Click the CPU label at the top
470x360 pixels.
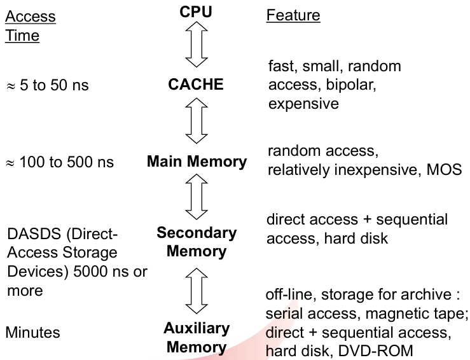coord(196,12)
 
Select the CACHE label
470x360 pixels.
coord(196,84)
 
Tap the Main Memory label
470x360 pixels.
coord(197,162)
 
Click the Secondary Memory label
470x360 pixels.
coord(197,242)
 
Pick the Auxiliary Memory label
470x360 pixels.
coord(197,338)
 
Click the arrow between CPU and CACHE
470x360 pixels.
coord(197,45)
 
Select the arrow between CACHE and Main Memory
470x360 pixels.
coord(197,121)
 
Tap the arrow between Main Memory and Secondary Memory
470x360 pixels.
coord(197,197)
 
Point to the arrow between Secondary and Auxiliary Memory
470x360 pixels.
coord(197,291)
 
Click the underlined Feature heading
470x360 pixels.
coord(293,15)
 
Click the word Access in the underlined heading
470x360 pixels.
coord(31,16)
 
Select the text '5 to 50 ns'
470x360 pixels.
coord(54,85)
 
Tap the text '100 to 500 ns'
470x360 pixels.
coord(67,162)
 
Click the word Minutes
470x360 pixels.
coord(33,333)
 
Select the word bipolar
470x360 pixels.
coord(351,85)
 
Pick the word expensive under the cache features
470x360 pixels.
coord(303,104)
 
